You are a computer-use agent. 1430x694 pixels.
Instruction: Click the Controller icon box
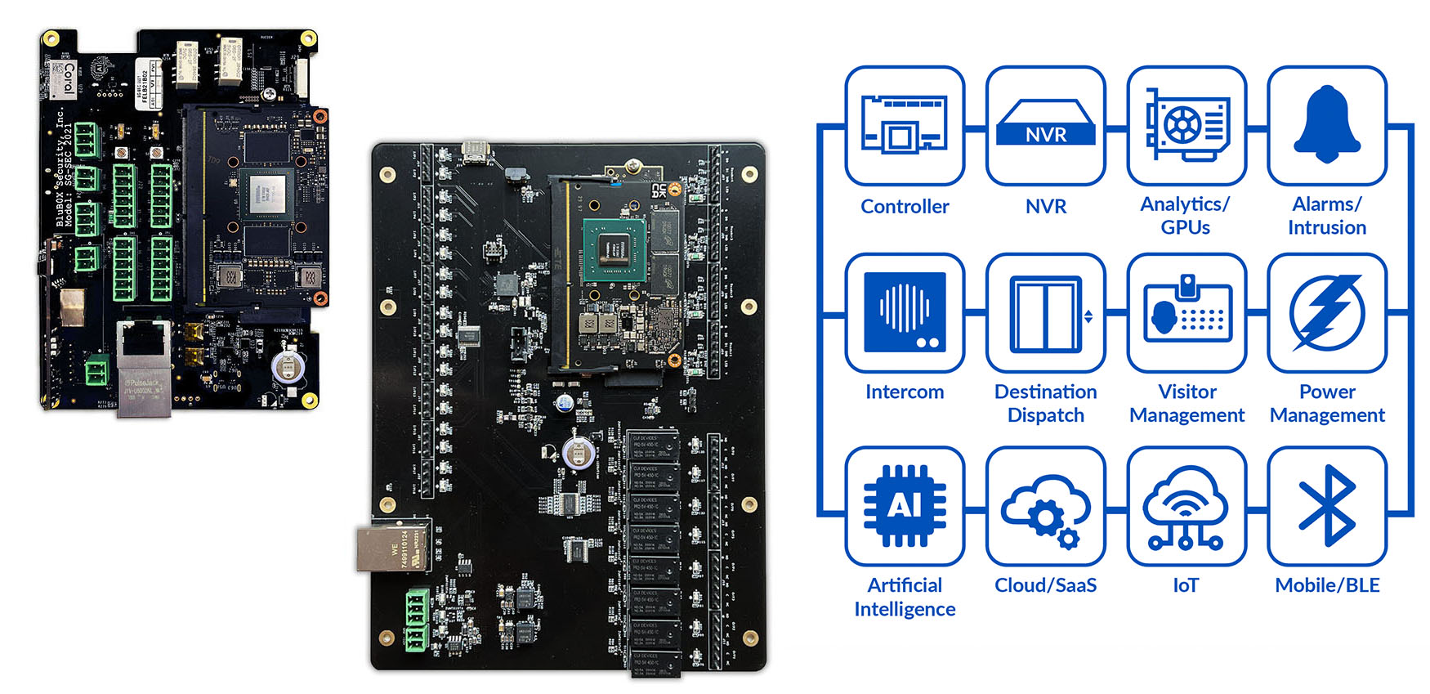click(905, 126)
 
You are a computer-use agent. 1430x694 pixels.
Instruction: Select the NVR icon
click(1046, 126)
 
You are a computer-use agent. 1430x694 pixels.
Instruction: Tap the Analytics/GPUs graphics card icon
click(1186, 126)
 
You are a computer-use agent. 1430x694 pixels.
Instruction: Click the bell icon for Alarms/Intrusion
click(1327, 126)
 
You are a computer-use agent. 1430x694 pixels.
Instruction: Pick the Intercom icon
click(905, 312)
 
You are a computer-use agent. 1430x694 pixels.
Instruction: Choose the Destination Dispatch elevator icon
click(1046, 312)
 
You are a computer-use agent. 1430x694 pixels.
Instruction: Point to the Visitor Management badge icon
click(1186, 312)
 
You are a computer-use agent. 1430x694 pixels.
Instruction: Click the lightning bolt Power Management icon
click(1327, 312)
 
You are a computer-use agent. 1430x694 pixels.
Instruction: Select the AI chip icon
click(905, 506)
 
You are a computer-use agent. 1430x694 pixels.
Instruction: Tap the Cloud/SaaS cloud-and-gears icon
click(1046, 506)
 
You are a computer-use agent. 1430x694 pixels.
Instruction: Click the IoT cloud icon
click(1186, 506)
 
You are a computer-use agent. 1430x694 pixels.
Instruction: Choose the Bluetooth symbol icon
click(1327, 506)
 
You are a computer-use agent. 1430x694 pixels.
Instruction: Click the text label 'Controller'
click(905, 207)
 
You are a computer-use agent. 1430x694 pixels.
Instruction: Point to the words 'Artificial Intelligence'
click(905, 598)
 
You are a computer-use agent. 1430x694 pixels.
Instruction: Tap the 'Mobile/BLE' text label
click(1327, 585)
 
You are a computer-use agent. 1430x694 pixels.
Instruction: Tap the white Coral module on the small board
click(65, 80)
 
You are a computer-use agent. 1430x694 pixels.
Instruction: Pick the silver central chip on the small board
click(267, 195)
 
